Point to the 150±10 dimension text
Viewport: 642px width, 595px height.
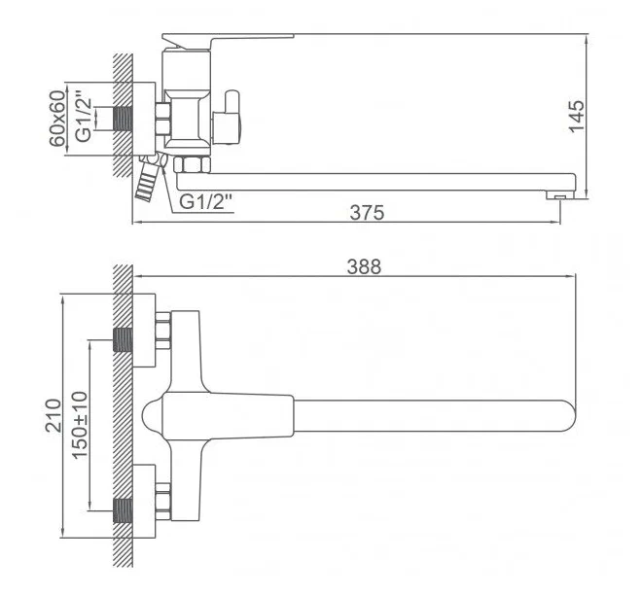(80, 424)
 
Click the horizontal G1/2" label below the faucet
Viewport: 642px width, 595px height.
(205, 202)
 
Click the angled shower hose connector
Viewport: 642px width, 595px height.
(148, 179)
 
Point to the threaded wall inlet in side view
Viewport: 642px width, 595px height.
(123, 118)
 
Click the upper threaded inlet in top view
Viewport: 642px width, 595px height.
(123, 339)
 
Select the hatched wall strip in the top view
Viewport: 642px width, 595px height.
(123, 418)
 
